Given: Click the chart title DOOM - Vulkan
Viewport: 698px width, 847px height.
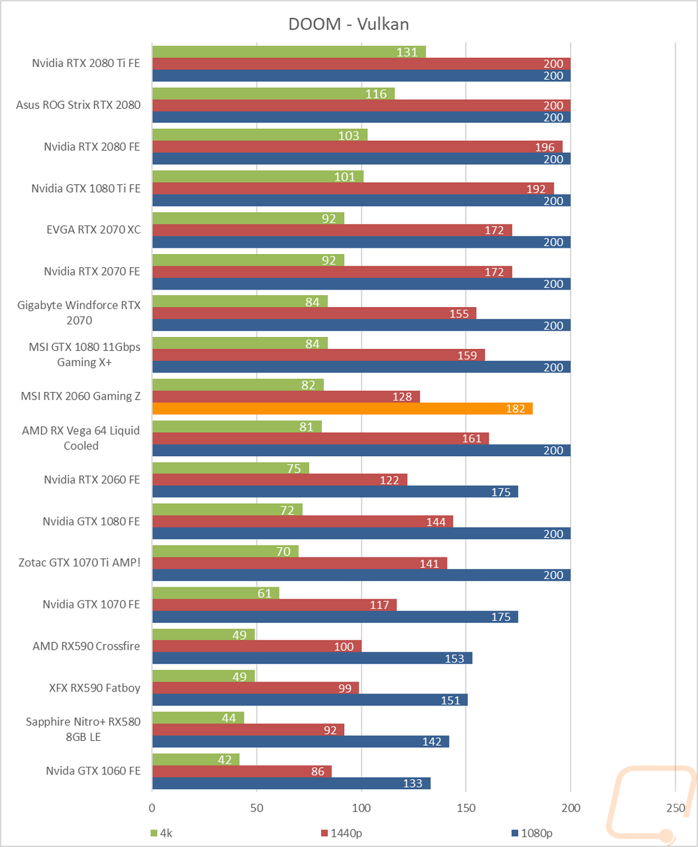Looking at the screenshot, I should (348, 24).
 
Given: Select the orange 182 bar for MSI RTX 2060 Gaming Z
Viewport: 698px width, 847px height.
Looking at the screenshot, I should (342, 409).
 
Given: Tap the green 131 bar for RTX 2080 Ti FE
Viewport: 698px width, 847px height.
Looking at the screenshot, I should (288, 52).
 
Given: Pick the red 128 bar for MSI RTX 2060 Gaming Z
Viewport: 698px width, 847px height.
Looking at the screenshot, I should (285, 396).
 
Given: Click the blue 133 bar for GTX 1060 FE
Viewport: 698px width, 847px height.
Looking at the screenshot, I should (290, 784).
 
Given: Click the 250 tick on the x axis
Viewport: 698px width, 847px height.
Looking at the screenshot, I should (675, 808).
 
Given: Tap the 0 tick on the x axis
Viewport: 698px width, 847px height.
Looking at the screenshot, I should (152, 808).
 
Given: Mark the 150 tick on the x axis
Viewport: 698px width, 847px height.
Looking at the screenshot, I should (466, 808).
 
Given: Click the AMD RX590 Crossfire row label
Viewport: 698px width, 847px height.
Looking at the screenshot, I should (86, 646).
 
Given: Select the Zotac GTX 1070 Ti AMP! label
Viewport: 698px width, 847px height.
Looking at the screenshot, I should (80, 562).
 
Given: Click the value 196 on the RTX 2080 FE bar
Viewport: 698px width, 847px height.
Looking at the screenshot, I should (544, 147).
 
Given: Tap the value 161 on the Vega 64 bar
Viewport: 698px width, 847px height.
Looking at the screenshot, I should (472, 438).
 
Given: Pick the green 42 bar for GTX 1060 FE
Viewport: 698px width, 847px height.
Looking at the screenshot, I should (195, 759).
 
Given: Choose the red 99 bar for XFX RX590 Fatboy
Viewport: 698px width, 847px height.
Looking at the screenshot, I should (255, 688).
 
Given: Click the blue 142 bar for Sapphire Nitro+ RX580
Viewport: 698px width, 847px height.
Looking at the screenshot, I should (300, 742).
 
